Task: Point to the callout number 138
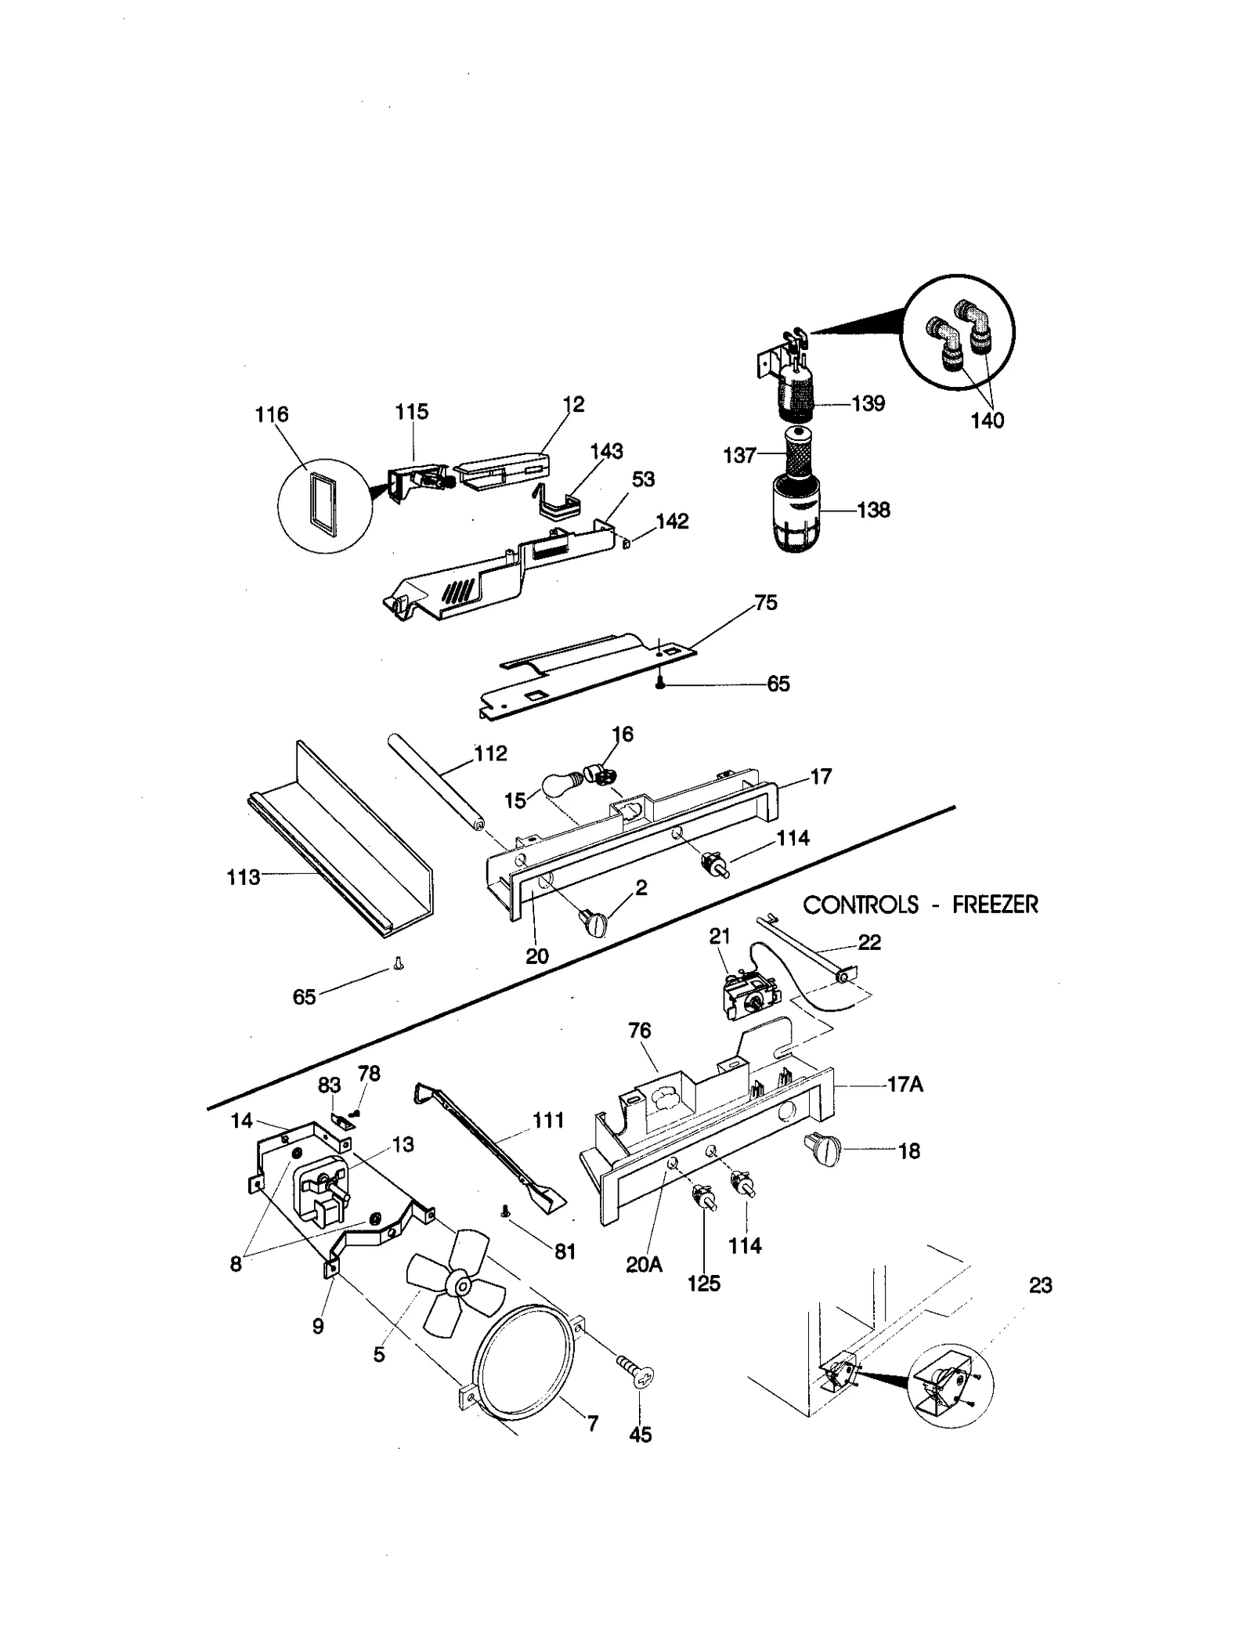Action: (x=873, y=510)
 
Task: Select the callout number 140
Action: (x=987, y=421)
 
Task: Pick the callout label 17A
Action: (x=905, y=1085)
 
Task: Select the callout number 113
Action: (x=243, y=877)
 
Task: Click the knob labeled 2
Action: (x=592, y=924)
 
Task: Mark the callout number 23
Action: (x=1040, y=1285)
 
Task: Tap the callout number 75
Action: (x=765, y=602)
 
